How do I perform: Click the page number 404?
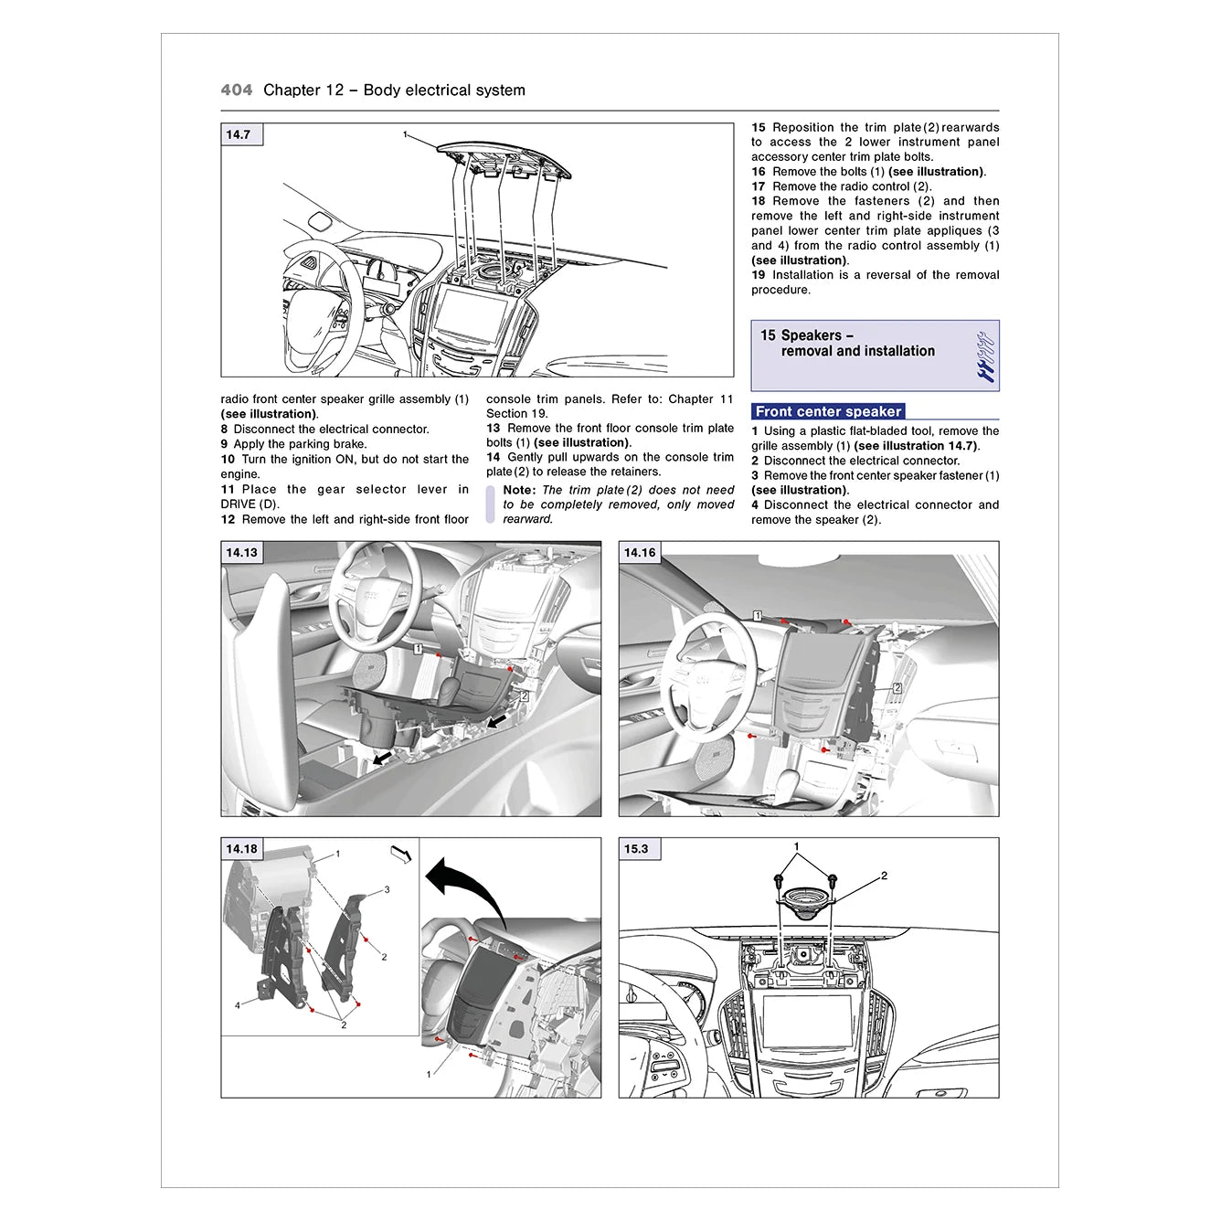point(236,90)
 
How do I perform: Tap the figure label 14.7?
point(239,135)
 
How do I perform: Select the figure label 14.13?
point(242,553)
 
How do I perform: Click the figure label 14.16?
point(640,553)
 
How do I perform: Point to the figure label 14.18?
point(242,849)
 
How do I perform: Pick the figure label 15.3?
point(636,849)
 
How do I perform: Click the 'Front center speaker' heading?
point(828,412)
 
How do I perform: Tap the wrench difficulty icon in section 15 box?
point(984,356)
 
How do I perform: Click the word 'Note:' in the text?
point(519,490)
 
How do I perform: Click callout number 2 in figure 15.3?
point(884,876)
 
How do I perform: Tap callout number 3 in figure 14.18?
point(387,889)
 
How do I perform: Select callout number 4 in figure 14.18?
point(238,1005)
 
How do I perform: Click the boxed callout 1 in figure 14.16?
point(758,616)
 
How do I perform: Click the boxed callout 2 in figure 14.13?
point(524,695)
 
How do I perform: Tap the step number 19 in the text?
point(759,275)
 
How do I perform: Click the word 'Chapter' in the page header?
point(292,90)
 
